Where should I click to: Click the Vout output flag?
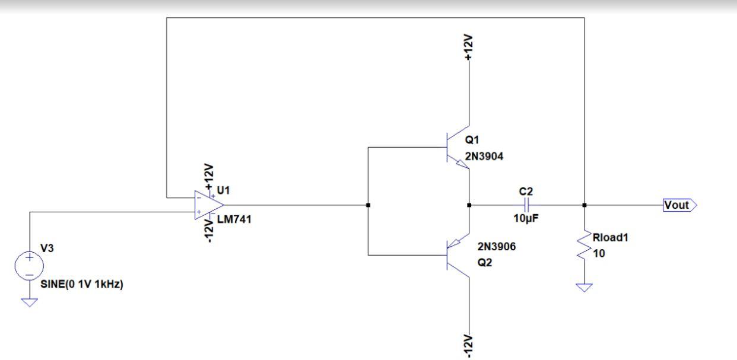click(x=679, y=205)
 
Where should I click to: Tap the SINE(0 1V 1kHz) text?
click(x=81, y=284)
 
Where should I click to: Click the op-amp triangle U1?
click(x=207, y=205)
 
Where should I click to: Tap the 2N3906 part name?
click(x=497, y=247)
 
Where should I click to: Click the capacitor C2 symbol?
click(x=527, y=205)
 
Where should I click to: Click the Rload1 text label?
click(x=611, y=238)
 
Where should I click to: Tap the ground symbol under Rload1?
click(x=584, y=288)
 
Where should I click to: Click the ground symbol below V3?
click(x=29, y=302)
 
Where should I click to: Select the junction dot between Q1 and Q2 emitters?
click(x=469, y=205)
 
